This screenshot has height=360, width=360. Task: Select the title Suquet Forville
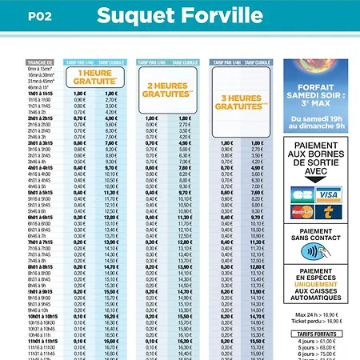point(179,15)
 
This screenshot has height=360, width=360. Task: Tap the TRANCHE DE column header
point(40,62)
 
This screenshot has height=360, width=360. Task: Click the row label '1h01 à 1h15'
point(40,94)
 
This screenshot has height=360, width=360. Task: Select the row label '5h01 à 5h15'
point(40,193)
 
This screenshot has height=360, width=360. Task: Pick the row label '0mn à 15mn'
point(40,69)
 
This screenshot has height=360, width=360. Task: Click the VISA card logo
point(328,194)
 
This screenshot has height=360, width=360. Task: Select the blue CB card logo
point(302,194)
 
